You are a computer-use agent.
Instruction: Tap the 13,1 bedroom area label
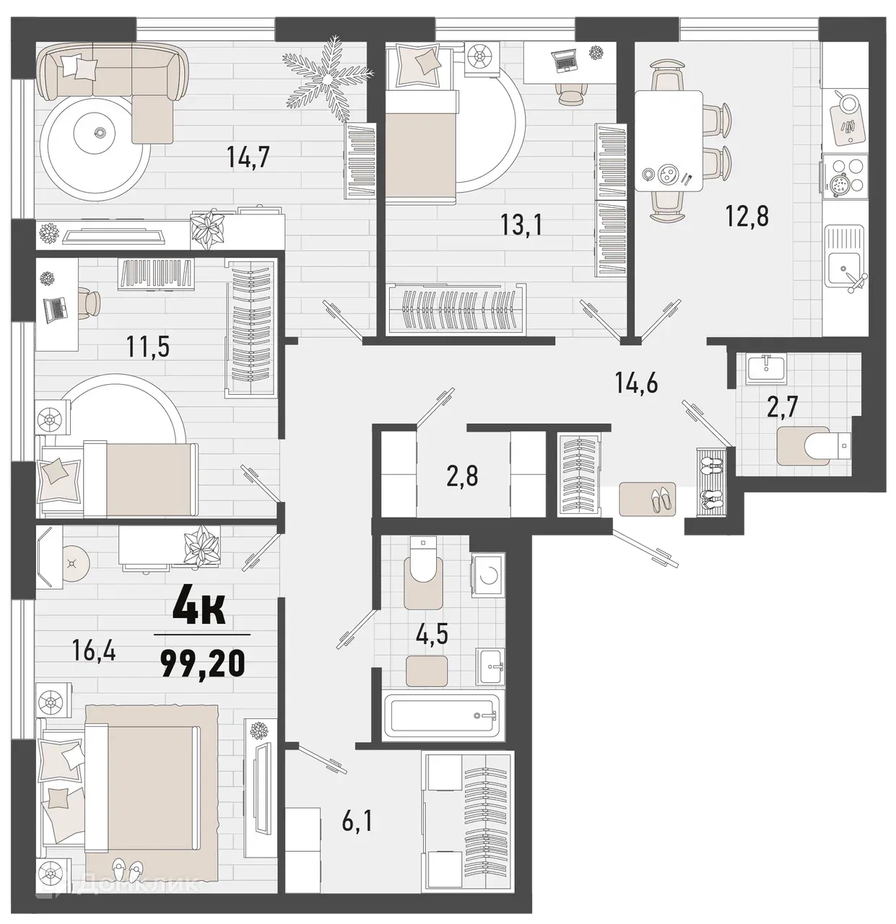521,225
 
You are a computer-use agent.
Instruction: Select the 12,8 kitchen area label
749,215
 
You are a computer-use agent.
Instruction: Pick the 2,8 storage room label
463,476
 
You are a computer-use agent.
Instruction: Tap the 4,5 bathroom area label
432,635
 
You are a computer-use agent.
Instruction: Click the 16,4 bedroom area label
95,652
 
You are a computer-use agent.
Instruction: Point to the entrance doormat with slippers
647,499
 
